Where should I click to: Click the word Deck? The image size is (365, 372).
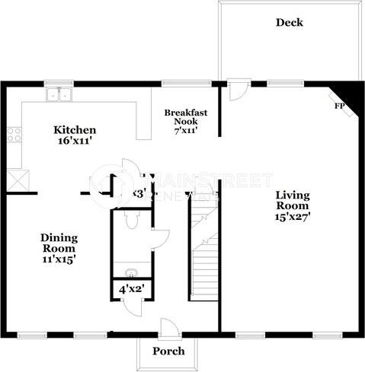point(289,22)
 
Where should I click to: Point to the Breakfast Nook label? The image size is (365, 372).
point(186,121)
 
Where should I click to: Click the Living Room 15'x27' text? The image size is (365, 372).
point(293,205)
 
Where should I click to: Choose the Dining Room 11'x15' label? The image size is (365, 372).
point(58,248)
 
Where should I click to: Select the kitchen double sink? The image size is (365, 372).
point(57,95)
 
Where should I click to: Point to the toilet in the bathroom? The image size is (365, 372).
point(131,220)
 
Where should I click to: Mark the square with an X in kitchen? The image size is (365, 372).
point(16,181)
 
